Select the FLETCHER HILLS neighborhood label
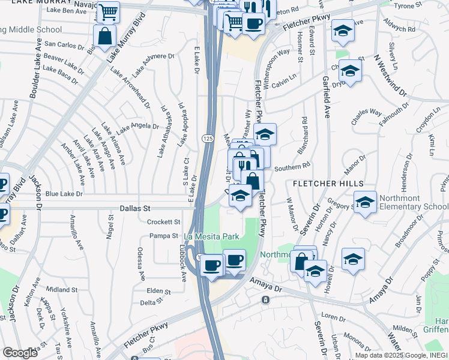pyautogui.click(x=328, y=182)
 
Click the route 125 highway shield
pyautogui.click(x=205, y=139)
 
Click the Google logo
pyautogui.click(x=20, y=353)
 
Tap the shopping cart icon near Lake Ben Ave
pyautogui.click(x=108, y=12)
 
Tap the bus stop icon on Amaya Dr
pyautogui.click(x=264, y=299)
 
